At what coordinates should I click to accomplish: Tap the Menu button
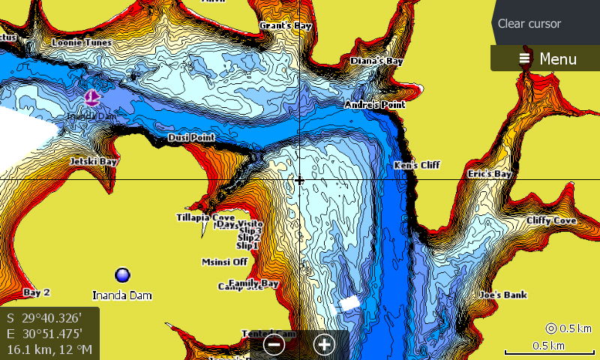coord(547,58)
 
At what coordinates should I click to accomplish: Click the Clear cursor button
coord(529,23)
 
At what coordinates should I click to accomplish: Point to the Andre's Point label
coord(374,105)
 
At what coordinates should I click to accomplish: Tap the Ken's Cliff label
coord(417,165)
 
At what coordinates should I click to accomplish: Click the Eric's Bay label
coord(489,174)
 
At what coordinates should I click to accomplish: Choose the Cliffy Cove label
coord(550,221)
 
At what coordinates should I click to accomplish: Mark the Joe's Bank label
coord(503,295)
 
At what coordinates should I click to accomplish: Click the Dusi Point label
coord(191,138)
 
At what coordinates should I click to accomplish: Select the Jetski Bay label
coord(94,161)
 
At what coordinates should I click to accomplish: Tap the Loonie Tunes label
coord(81,43)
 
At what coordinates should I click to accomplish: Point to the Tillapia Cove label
coord(205,217)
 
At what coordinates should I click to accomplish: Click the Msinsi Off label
coord(224,262)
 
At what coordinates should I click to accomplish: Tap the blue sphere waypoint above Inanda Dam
coord(122,275)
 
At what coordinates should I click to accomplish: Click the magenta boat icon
coord(91,97)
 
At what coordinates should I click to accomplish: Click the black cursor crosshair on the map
coord(299,180)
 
